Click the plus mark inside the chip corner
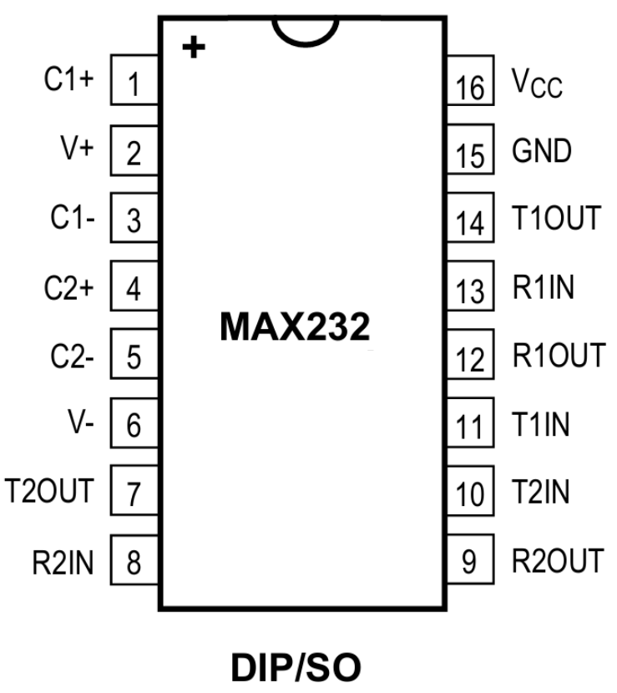point(194,48)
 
